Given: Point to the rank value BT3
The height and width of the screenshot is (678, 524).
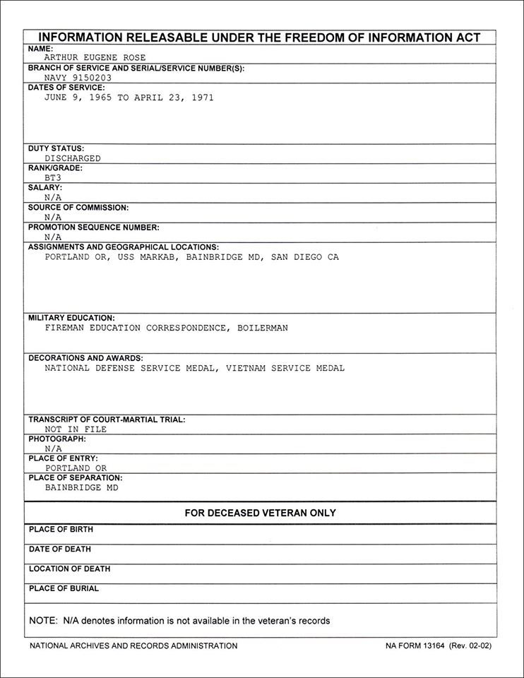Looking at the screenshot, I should [x=53, y=178].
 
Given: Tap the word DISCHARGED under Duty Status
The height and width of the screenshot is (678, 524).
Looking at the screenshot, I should [x=73, y=158].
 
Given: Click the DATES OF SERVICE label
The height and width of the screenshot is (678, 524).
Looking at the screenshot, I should [x=66, y=88].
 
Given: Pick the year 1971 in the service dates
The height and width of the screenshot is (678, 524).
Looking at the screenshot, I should [x=202, y=97].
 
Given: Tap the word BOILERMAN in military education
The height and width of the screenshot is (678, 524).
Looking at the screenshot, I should [x=262, y=328].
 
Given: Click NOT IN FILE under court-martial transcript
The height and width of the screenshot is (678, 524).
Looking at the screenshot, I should [x=76, y=429].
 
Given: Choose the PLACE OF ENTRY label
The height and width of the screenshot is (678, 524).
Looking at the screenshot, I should [x=63, y=458].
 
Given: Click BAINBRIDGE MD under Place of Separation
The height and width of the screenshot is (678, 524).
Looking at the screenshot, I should [x=82, y=487].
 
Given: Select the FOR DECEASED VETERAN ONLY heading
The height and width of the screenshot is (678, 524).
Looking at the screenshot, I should [x=261, y=513].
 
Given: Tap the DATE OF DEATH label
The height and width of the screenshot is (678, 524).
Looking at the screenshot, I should [x=60, y=549].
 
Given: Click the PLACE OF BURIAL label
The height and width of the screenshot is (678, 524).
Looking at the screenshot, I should [x=64, y=588].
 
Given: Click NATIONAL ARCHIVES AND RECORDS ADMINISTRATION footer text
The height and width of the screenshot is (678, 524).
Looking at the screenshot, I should [x=133, y=646].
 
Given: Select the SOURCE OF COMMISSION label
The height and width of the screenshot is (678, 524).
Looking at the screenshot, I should [x=78, y=208].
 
